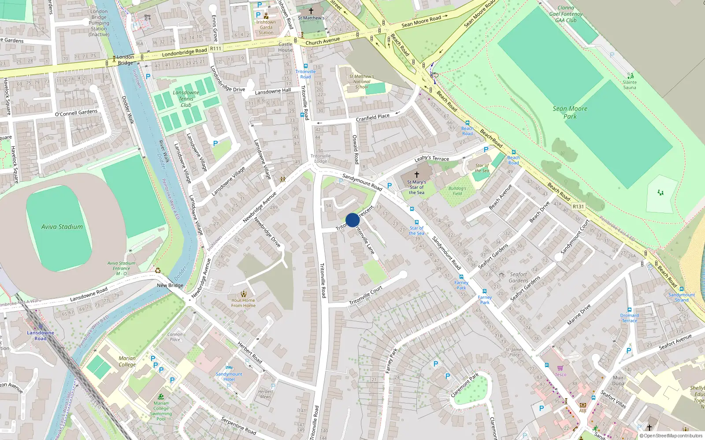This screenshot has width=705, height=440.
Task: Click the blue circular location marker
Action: pyautogui.click(x=352, y=220)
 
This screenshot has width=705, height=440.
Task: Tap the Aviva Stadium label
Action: pyautogui.click(x=62, y=227)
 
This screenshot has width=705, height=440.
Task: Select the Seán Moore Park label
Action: pyautogui.click(x=570, y=113)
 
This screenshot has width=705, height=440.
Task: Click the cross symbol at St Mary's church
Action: pyautogui.click(x=416, y=175)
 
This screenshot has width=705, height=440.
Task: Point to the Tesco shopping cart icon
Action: pyautogui.click(x=560, y=368)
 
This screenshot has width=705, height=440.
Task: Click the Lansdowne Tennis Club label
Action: pyautogui.click(x=186, y=99)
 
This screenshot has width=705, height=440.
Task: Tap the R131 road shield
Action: pyautogui.click(x=578, y=206)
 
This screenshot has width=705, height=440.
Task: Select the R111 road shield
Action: pyautogui.click(x=215, y=48)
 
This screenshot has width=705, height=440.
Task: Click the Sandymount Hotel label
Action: pyautogui.click(x=229, y=377)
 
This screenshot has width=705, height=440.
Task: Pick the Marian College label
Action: pyautogui.click(x=127, y=361)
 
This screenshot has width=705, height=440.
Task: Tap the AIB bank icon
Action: pyautogui.click(x=583, y=405)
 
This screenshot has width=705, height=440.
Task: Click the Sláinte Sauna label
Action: pyautogui.click(x=630, y=85)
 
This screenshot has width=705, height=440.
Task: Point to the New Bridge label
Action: pyautogui.click(x=170, y=285)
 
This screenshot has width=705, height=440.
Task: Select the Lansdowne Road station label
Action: pyautogui.click(x=41, y=335)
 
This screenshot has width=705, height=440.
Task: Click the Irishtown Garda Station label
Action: pyautogui.click(x=266, y=27)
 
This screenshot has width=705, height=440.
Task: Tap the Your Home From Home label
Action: pyautogui.click(x=243, y=303)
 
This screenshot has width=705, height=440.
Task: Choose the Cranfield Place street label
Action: pyautogui.click(x=373, y=117)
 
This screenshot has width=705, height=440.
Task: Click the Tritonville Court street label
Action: pyautogui.click(x=366, y=296)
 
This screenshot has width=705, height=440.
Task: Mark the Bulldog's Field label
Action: pyautogui.click(x=457, y=191)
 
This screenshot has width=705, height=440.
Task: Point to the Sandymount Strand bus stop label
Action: pyautogui.click(x=682, y=297)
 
